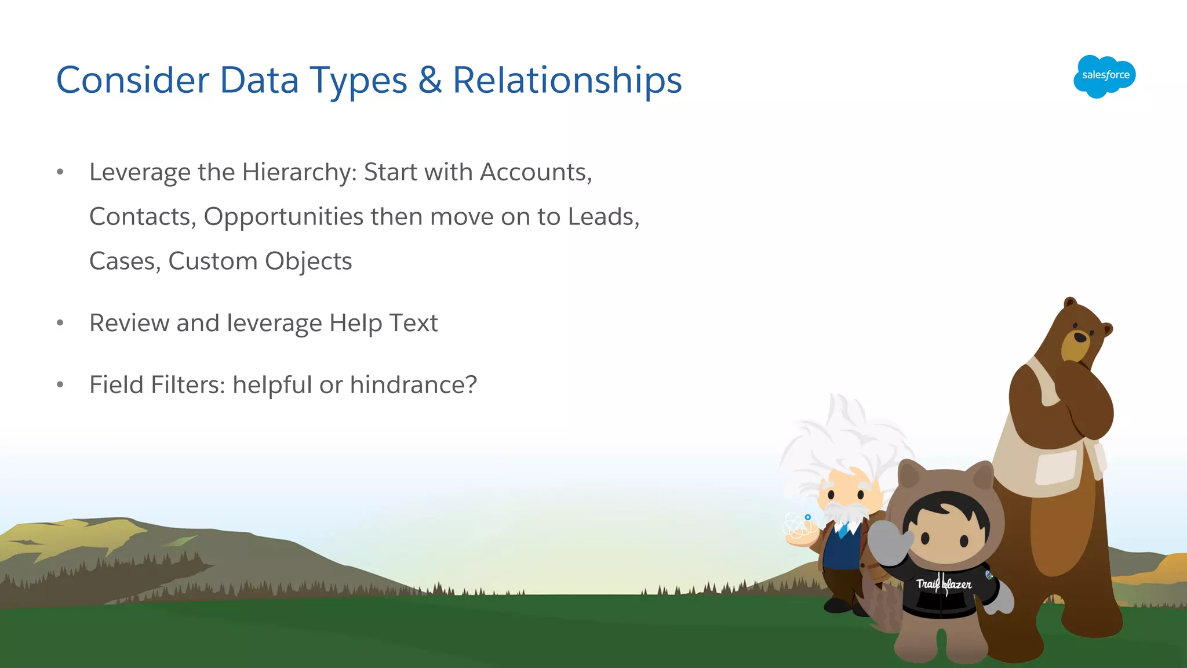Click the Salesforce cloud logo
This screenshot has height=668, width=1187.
tap(1104, 76)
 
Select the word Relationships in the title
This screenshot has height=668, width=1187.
tap(567, 81)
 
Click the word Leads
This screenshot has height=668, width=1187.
tap(601, 217)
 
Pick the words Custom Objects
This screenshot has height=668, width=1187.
tap(260, 262)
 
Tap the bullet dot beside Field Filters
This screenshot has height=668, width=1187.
tap(60, 384)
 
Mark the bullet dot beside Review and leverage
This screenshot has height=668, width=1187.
tap(60, 323)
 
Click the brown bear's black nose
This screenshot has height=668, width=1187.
tap(1080, 337)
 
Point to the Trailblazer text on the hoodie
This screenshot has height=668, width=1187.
tap(944, 584)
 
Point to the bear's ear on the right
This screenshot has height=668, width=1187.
tap(1107, 330)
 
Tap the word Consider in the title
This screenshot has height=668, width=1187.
tap(133, 80)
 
